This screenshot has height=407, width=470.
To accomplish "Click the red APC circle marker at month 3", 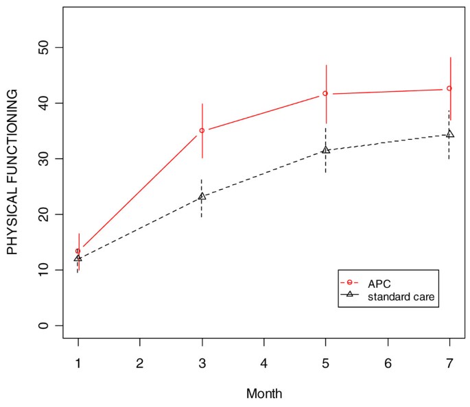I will coord(202,130).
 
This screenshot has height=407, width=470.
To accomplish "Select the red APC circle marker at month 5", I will coord(326,93).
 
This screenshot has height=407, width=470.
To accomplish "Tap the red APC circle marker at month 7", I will coord(449,88).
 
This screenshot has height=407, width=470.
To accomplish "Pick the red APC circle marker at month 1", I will coord(78,251).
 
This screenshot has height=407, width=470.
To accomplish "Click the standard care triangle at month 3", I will coord(202,197).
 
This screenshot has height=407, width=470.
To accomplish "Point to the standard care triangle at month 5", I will coord(326,150).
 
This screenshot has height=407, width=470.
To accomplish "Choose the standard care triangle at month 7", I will coord(449,134).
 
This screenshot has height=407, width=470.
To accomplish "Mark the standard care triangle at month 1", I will coord(78,258).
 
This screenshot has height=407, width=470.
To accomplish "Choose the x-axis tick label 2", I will coord(140,362).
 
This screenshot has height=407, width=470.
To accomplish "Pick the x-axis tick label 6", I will coord(388,362).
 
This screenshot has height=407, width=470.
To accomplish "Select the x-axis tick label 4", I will coord(264,362).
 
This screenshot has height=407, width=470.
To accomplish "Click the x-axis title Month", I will coord(264,394).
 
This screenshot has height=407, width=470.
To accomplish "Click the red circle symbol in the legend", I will coord(350,282).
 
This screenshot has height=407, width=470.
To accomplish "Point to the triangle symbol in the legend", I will coord(350,295).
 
